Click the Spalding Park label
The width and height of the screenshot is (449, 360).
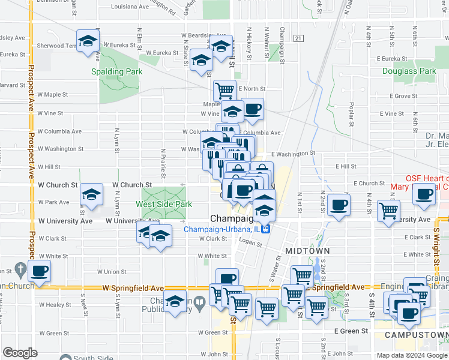(x=116, y=71)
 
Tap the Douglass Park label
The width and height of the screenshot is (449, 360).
(x=409, y=71)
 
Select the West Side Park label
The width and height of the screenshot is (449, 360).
(x=163, y=204)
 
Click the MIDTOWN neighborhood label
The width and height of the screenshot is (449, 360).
(x=307, y=250)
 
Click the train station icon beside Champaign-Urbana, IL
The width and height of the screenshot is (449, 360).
(x=273, y=229)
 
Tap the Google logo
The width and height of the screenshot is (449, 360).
(x=20, y=353)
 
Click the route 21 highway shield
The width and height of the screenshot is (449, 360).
(x=298, y=38)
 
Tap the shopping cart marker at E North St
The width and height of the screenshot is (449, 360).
(x=224, y=91)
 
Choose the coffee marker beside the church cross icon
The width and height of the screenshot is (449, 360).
(x=39, y=271)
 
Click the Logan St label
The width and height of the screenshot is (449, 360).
(x=251, y=244)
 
